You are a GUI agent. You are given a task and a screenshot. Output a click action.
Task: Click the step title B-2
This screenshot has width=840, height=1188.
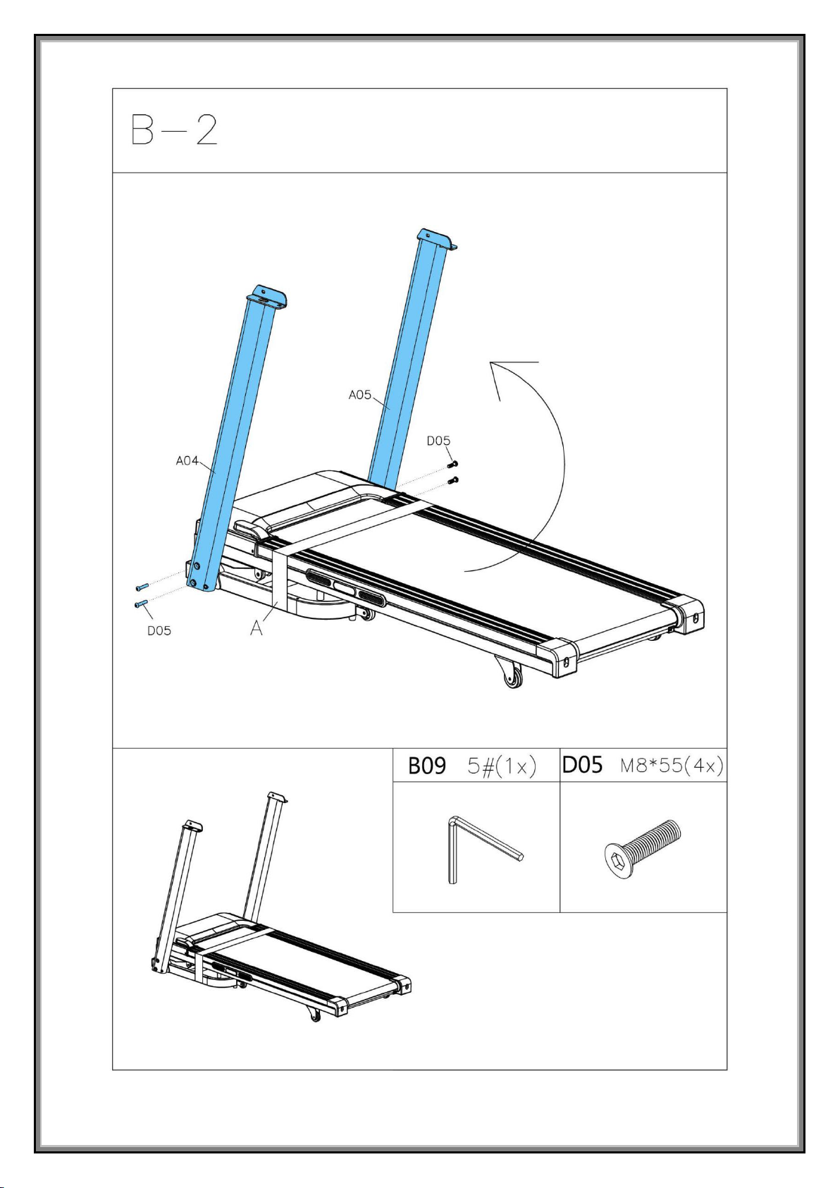tap(174, 130)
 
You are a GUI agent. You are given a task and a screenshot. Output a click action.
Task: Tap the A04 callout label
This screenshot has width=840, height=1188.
tap(187, 461)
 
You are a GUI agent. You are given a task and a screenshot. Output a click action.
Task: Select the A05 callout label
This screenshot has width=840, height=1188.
tap(360, 395)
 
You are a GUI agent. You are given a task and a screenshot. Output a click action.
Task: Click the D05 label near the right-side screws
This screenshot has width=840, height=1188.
tap(439, 441)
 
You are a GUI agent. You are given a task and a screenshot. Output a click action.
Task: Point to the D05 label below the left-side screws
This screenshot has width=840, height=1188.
tap(159, 630)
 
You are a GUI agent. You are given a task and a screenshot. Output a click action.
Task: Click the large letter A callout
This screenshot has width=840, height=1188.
tap(257, 628)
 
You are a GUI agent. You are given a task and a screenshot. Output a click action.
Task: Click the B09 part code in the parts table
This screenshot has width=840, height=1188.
tap(426, 766)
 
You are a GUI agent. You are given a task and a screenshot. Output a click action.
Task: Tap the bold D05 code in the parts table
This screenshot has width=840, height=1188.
tap(582, 765)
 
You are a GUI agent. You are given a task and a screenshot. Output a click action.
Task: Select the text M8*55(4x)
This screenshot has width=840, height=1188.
tap(672, 766)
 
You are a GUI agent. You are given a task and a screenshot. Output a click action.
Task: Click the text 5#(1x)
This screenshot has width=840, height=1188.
tap(501, 766)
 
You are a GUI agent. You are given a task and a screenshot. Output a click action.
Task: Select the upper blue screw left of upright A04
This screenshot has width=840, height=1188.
tap(142, 587)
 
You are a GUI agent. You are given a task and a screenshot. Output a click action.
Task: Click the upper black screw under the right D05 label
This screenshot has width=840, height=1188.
tap(452, 465)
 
